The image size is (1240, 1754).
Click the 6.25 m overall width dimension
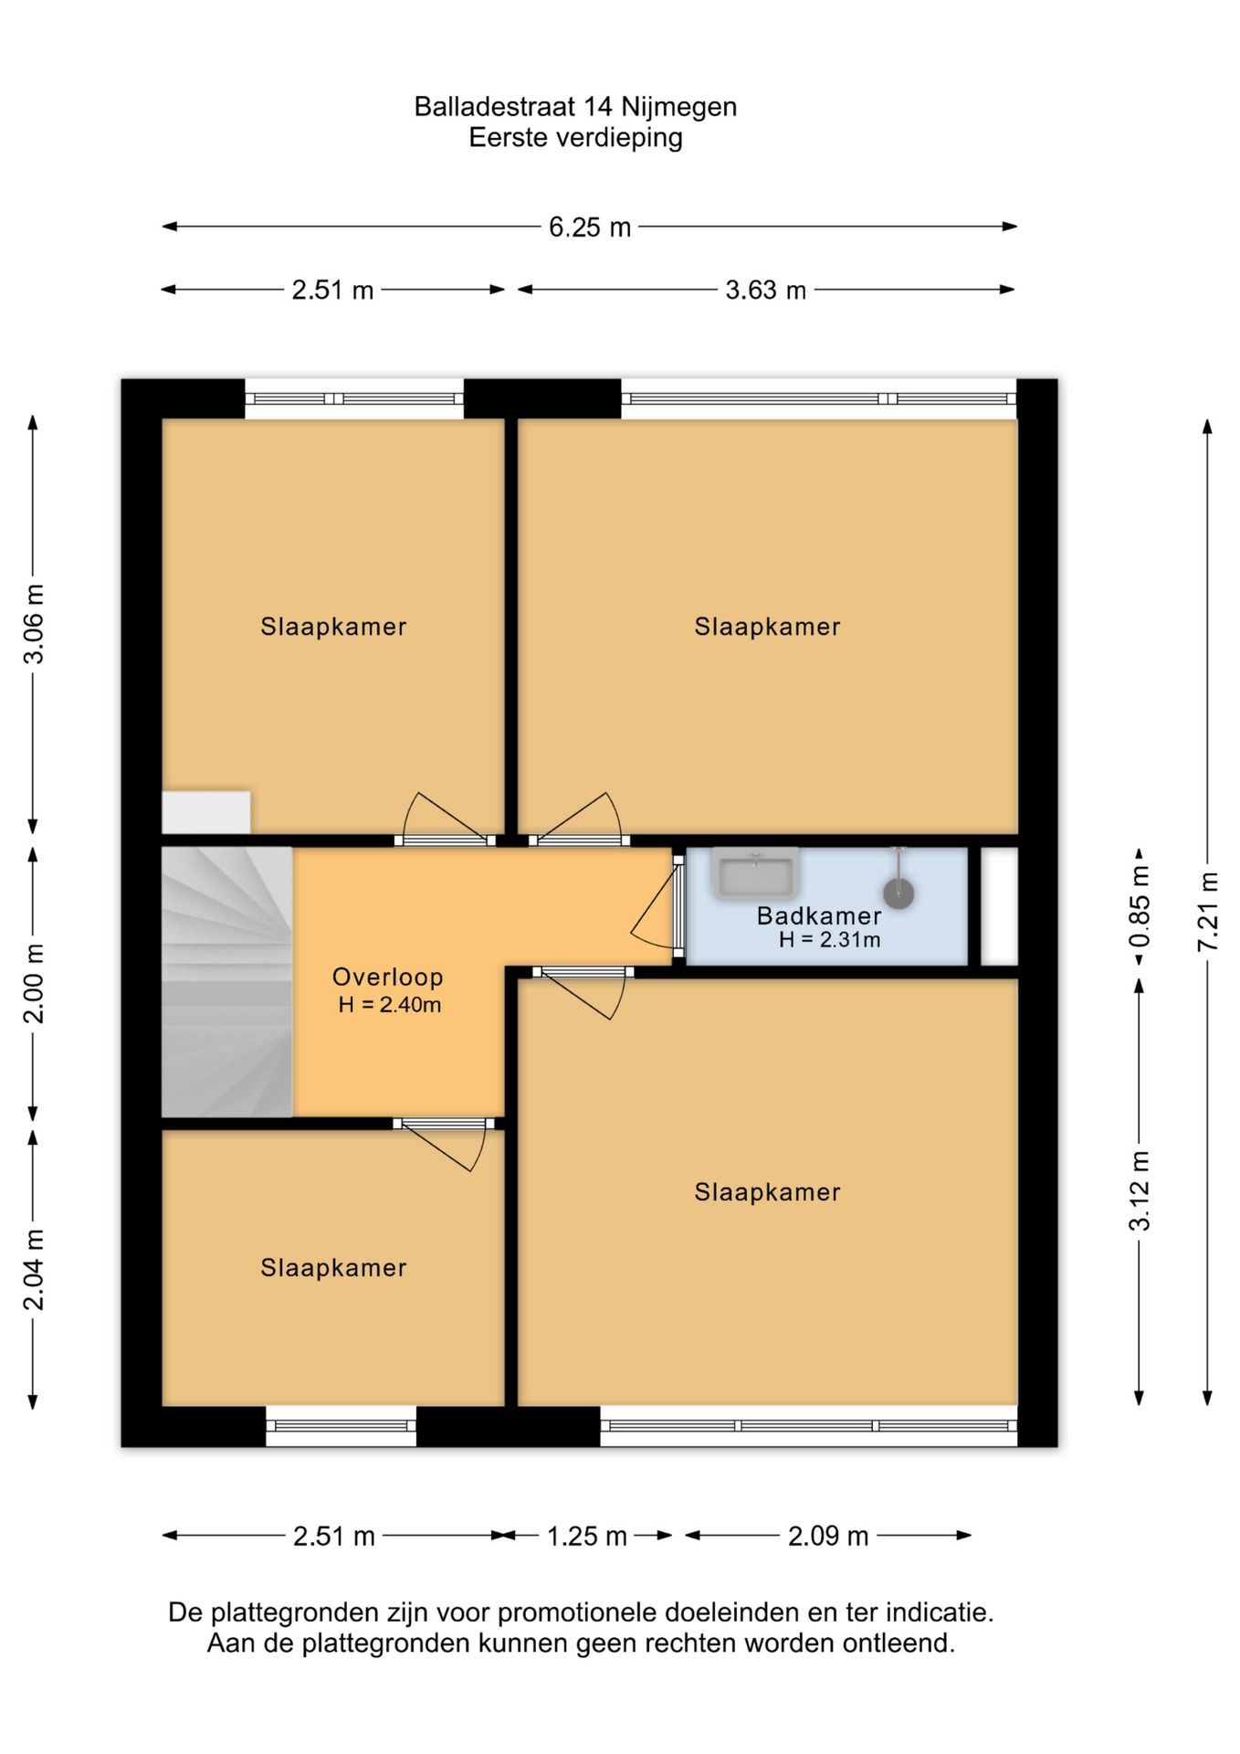pos(590,227)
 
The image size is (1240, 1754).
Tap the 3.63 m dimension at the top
pos(765,290)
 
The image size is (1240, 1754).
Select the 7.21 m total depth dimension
pos(1208,912)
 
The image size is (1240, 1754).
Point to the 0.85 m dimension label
pos(1140,908)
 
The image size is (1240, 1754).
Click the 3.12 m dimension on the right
pos(1140,1191)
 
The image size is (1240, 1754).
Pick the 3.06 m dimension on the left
pos(33,624)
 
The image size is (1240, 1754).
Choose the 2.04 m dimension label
pos(33,1270)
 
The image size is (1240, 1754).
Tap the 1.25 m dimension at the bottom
pos(586,1536)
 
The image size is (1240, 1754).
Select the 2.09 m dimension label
pos(827,1536)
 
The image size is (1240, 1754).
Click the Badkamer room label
pos(819,915)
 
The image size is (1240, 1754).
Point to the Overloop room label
pos(388,977)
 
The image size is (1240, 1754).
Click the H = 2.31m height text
pos(829,940)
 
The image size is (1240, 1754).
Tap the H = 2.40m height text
pos(390,1005)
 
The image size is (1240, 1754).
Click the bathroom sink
pos(755,873)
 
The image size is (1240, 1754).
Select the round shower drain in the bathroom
pos(899,893)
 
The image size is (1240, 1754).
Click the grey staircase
pos(227,982)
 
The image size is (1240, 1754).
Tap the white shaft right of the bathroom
pos(999,906)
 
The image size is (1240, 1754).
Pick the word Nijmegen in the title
pos(678,108)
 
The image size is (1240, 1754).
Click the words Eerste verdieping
pos(575,138)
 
